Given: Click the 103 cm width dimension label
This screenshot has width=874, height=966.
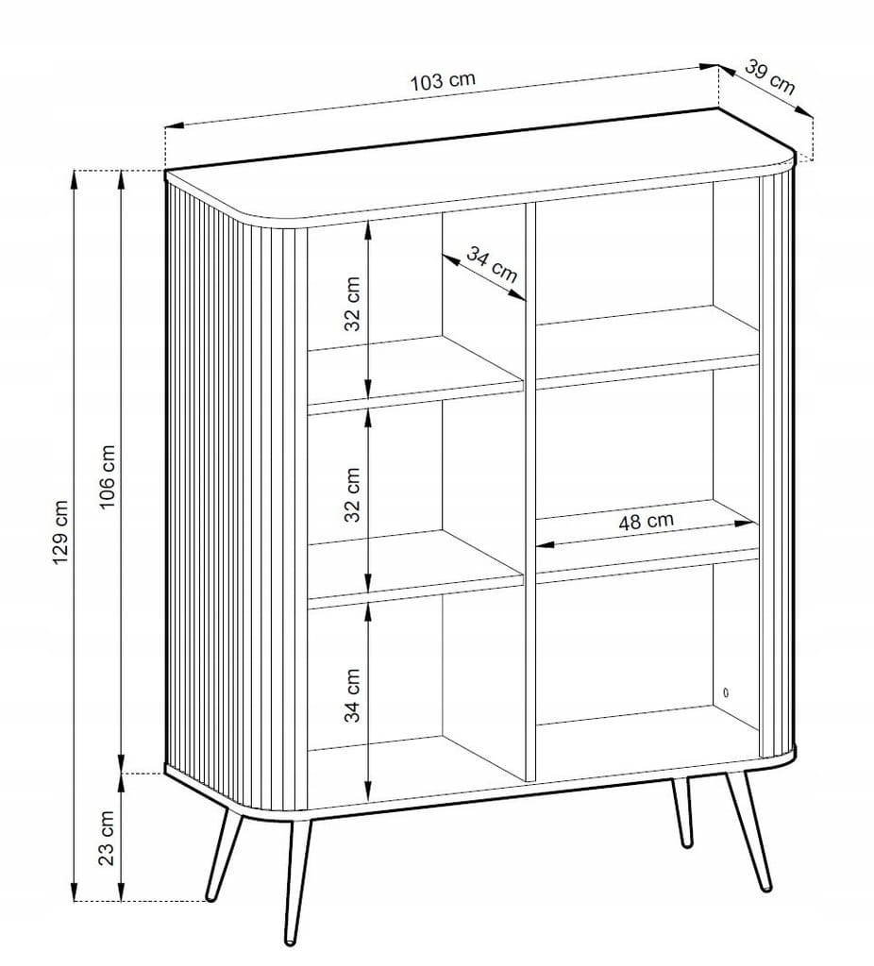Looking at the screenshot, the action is [444, 81].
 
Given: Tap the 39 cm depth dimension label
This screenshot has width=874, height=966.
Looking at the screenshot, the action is [770, 76].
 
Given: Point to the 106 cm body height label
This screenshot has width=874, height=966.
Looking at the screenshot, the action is [108, 476].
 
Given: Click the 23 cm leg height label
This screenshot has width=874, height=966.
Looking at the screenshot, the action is [108, 838].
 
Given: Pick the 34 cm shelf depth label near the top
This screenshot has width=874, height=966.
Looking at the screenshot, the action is [491, 264].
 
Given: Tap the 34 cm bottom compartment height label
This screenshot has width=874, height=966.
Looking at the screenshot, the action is [352, 695].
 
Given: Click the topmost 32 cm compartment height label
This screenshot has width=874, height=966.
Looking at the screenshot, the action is [352, 303].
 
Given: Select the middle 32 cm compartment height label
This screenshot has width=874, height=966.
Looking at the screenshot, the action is [352, 494].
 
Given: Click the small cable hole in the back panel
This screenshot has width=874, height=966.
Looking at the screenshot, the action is [726, 692].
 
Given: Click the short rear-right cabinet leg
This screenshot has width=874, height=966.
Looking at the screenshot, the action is [681, 811].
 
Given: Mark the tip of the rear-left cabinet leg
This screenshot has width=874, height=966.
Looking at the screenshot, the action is [210, 898].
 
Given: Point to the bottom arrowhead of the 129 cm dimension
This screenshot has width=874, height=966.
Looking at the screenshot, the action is [75, 891].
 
